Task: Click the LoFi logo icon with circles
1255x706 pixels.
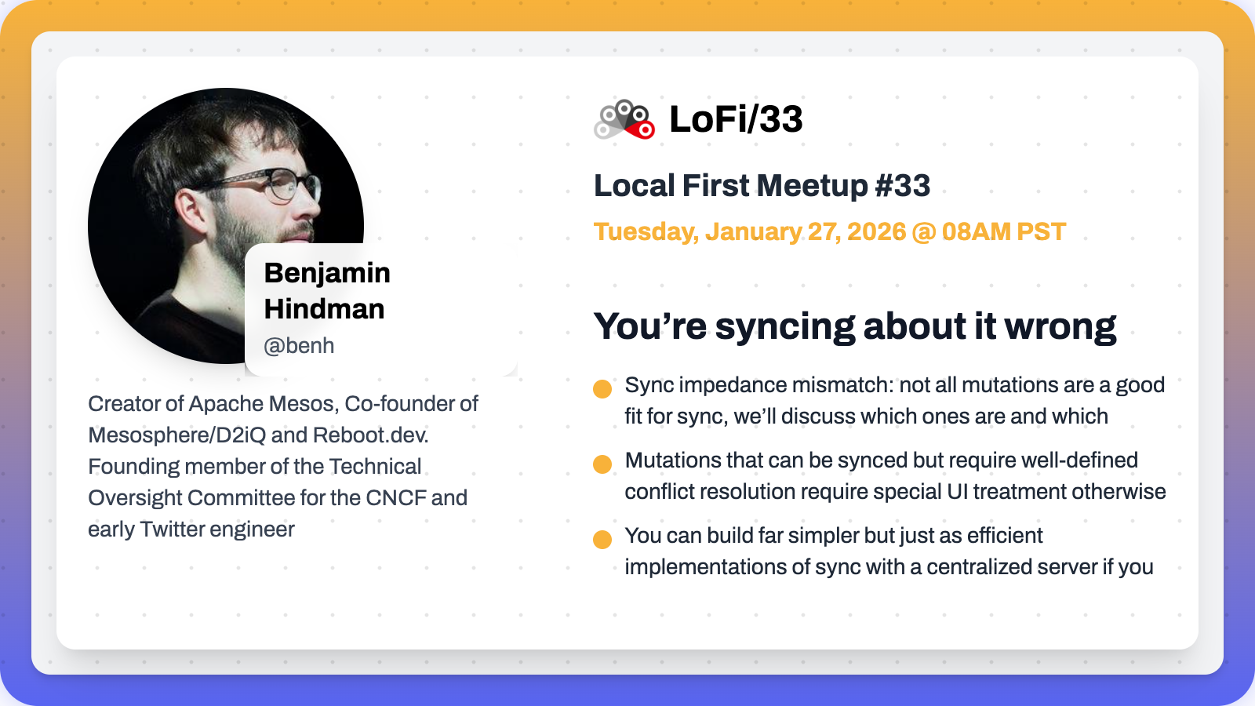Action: point(624,119)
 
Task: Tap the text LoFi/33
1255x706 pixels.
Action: point(737,119)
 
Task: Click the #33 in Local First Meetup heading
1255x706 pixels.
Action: point(903,185)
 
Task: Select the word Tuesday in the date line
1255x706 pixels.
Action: point(646,232)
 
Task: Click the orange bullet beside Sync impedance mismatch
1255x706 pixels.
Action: point(602,389)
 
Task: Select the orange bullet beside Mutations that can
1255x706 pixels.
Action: point(602,464)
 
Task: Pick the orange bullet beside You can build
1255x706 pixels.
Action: point(602,539)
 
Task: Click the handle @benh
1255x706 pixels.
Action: point(299,346)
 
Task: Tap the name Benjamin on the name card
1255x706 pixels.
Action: point(327,274)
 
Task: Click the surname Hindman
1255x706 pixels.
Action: point(325,309)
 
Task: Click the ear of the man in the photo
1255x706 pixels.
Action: point(191,210)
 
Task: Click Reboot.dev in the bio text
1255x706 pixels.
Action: point(370,435)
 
